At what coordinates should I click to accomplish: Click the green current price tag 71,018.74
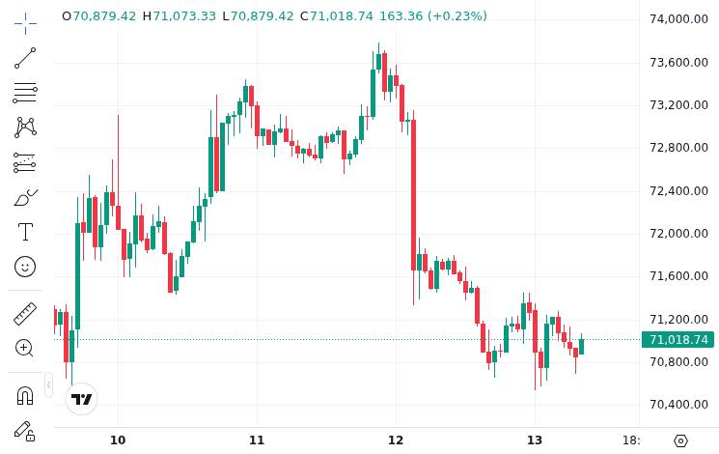pyautogui.click(x=679, y=339)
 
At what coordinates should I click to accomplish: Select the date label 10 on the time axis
pyautogui.click(x=118, y=440)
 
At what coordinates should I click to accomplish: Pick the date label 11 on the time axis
pyautogui.click(x=257, y=440)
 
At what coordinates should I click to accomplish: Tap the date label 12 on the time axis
pyautogui.click(x=396, y=440)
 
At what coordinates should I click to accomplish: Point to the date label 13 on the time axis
pyautogui.click(x=535, y=440)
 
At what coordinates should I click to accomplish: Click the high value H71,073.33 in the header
pyautogui.click(x=179, y=16)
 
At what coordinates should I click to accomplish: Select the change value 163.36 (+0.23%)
pyautogui.click(x=433, y=16)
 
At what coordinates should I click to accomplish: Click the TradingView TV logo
pyautogui.click(x=82, y=399)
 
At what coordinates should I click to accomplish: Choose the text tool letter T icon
pyautogui.click(x=25, y=232)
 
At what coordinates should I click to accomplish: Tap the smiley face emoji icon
pyautogui.click(x=25, y=266)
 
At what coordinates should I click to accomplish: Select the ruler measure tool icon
pyautogui.click(x=25, y=314)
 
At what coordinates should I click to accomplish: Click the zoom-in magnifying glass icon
pyautogui.click(x=25, y=348)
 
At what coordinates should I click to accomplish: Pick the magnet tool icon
pyautogui.click(x=25, y=395)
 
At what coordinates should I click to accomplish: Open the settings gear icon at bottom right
pyautogui.click(x=680, y=440)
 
